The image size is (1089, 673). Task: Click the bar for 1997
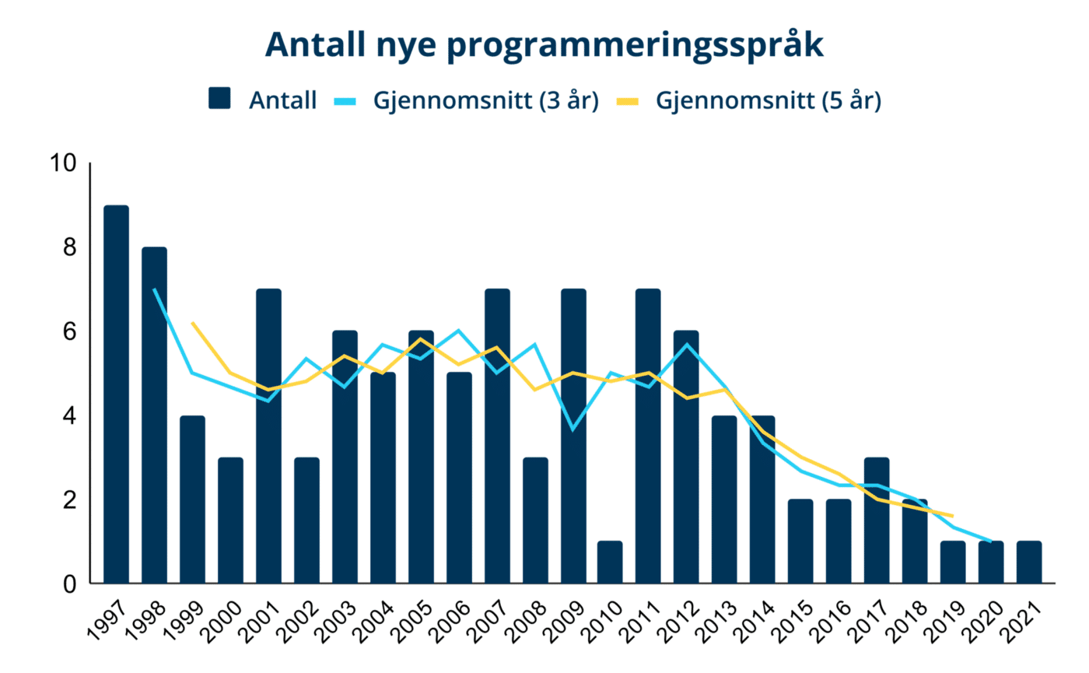pos(116,394)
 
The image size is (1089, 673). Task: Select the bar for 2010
pos(610,562)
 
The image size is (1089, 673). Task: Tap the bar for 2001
pos(268,436)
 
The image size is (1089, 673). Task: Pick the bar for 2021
pos(1028,562)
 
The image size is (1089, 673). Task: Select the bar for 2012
pos(686,457)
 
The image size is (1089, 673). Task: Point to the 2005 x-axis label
pos(411,619)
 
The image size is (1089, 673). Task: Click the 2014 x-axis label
pos(754,619)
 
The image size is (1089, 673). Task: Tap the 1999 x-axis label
pos(184,619)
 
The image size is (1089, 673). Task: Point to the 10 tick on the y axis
pos(62,164)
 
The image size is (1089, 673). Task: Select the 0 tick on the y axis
pos(71,584)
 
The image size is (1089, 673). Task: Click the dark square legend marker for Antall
pos(220,100)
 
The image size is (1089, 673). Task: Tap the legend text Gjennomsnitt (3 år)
pos(486,100)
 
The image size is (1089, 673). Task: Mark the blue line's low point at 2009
pos(573,429)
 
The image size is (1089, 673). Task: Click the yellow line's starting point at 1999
pos(192,323)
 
